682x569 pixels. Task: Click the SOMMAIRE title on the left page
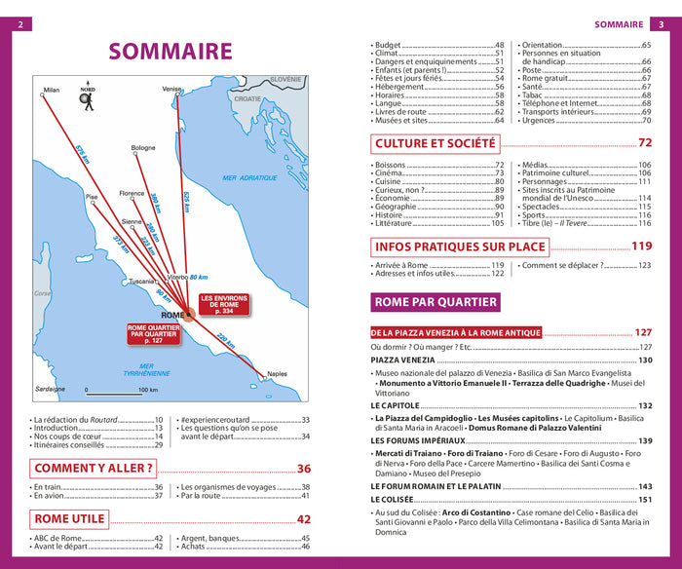(170, 52)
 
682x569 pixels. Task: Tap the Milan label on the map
(52, 90)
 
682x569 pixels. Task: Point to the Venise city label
(171, 89)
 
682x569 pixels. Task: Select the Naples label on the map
(278, 374)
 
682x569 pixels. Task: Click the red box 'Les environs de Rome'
(224, 303)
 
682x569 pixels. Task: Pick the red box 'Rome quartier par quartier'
(153, 333)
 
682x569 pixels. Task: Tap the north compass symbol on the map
(88, 97)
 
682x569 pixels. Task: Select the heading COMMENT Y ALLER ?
(95, 468)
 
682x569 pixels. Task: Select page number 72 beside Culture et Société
(644, 143)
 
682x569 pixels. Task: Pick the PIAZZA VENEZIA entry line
(402, 360)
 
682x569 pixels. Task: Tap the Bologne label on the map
(143, 148)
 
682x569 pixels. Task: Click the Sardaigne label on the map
(49, 389)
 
